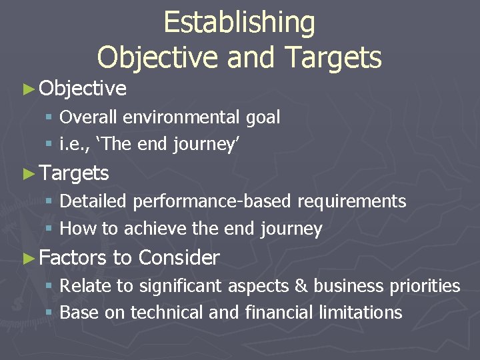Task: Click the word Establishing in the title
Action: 239,23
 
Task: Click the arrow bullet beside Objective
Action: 28,88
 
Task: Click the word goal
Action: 263,118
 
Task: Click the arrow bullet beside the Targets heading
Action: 28,173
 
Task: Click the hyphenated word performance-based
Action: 213,201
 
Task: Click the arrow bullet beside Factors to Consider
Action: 28,257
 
